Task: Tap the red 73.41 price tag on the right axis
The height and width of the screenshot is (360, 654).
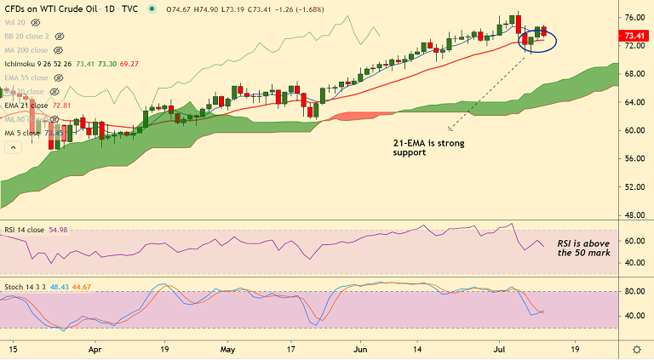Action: point(634,36)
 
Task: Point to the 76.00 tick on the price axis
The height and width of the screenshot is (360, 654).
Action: point(633,17)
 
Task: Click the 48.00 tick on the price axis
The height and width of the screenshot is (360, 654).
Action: point(633,214)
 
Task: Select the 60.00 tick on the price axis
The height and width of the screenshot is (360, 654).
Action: point(633,130)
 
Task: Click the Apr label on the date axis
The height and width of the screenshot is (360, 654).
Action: point(95,349)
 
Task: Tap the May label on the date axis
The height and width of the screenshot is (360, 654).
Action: point(227,349)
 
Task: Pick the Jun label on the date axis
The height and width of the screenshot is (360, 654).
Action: point(360,349)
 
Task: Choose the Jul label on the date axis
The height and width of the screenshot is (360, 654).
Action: point(496,349)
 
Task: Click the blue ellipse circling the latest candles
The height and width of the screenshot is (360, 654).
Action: point(538,40)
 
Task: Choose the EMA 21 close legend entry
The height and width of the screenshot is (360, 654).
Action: point(27,106)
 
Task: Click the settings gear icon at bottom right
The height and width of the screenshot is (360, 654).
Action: point(637,350)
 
